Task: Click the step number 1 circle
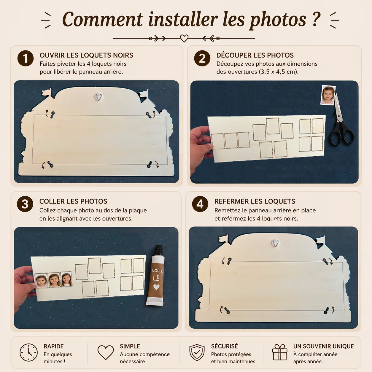point(26,58)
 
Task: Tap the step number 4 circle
point(200,204)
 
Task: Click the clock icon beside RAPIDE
point(28,352)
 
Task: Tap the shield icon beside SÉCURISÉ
point(197,352)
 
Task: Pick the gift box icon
point(279,352)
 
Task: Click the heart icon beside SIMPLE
point(106,352)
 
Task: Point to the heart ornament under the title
point(184,38)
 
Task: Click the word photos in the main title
point(278,20)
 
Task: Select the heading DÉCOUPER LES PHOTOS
point(255,55)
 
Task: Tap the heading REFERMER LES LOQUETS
point(255,201)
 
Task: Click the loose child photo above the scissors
point(328,95)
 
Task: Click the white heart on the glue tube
point(156,287)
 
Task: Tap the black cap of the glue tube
point(159,249)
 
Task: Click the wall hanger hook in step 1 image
point(99,96)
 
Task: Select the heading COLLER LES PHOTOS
point(73,201)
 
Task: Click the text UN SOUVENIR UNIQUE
point(323,346)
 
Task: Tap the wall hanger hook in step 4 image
point(275,243)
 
